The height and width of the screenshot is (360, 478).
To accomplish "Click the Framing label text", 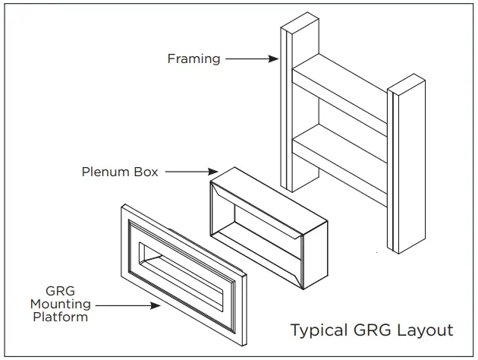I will point(193,58).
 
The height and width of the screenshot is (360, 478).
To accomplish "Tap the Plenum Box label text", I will point(120,172).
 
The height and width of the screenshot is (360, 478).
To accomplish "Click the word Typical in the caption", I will point(319,330).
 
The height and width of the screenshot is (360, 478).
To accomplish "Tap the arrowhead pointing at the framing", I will point(275,58).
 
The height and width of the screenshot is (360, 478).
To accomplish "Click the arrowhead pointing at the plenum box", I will point(215,172).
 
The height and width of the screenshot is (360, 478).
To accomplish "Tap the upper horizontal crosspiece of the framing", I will point(341,84).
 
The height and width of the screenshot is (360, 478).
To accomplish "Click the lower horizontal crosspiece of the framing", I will point(341,144).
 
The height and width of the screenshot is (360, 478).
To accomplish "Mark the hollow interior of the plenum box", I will point(258,228).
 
